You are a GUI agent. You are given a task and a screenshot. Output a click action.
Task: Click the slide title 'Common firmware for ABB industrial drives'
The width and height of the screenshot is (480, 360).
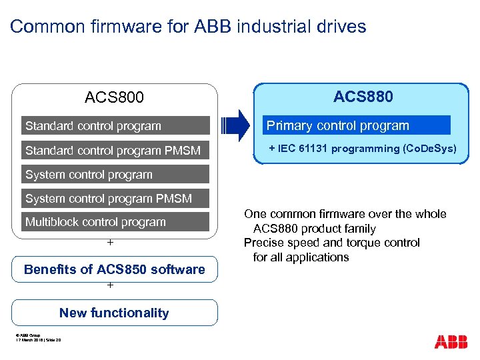click(188, 27)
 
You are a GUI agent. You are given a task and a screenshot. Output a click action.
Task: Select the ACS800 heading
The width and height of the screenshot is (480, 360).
click(114, 98)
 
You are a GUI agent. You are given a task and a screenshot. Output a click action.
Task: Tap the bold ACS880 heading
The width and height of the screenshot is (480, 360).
click(363, 97)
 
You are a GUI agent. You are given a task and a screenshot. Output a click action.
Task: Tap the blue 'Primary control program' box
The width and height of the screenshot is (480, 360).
click(355, 125)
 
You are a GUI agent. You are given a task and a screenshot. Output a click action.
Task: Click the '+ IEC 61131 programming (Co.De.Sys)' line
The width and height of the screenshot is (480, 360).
click(363, 149)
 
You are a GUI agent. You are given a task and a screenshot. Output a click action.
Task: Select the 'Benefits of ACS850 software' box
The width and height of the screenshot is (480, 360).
click(115, 269)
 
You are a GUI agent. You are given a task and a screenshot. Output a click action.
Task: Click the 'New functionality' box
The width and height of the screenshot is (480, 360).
click(115, 313)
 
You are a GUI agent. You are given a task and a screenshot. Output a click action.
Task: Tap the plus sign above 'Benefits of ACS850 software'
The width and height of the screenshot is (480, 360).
click(110, 243)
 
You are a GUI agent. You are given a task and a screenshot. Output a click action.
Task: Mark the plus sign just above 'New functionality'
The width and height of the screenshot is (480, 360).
click(110, 286)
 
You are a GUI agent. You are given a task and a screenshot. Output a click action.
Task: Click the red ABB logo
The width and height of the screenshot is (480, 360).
click(451, 342)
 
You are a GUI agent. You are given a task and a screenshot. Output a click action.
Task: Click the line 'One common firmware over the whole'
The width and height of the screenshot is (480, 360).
click(345, 214)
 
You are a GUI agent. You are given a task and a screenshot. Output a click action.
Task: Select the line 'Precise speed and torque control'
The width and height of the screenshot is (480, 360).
click(331, 243)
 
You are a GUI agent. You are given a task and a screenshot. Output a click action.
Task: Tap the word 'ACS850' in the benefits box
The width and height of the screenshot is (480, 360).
click(118, 269)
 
